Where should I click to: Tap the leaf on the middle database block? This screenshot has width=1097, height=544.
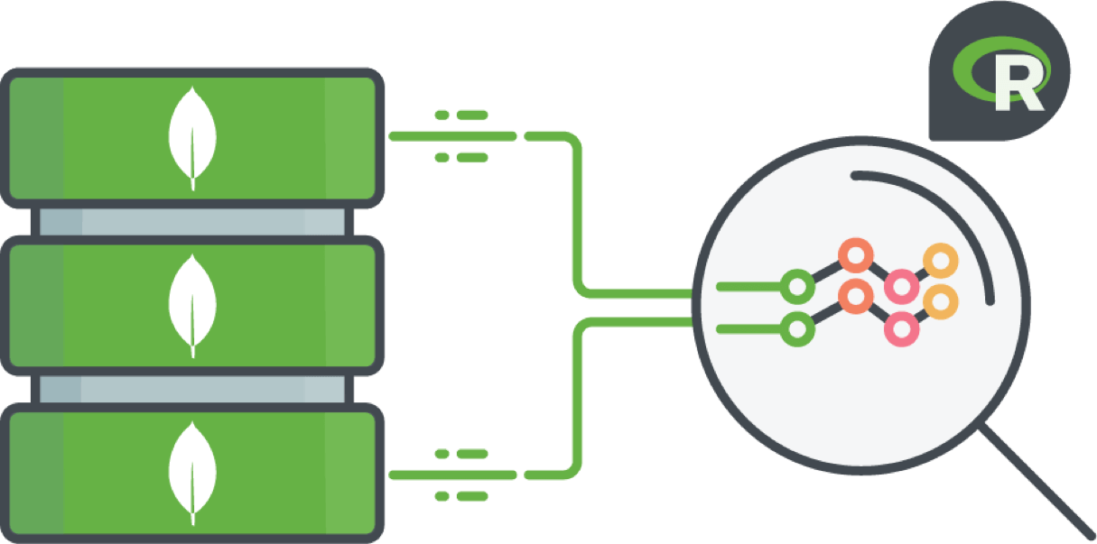pos(192,306)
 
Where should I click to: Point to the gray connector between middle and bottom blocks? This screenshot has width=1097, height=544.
pos(192,390)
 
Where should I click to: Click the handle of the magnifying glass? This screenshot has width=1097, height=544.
pos(1038,478)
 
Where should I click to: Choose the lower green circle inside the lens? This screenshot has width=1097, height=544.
pos(796,329)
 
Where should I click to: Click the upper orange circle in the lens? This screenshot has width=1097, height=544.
pos(854,254)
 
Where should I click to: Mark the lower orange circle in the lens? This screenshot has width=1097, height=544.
pos(854,295)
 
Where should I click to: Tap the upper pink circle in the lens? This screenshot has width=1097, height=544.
pos(901,287)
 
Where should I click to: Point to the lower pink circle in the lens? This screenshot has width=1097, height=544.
pos(901,327)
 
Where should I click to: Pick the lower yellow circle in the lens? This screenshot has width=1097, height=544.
pos(941,301)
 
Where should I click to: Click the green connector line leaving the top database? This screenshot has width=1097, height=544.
pos(451,136)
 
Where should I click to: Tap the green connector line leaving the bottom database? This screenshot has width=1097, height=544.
pos(451,475)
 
